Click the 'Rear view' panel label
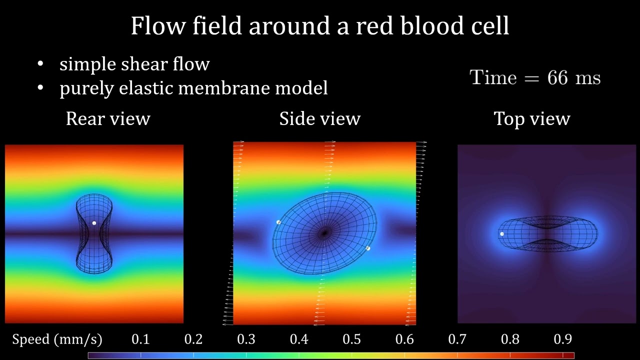[x=108, y=119]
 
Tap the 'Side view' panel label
[x=319, y=119]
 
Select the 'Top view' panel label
[x=531, y=119]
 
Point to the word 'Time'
[x=492, y=78]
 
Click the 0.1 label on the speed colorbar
[x=140, y=339]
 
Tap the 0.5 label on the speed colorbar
[x=351, y=339]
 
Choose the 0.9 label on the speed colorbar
[x=562, y=339]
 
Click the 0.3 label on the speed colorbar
[x=246, y=339]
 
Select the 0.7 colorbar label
[x=457, y=339]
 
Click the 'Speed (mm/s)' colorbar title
[x=57, y=339]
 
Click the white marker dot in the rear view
[x=94, y=223]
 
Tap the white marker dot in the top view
[x=502, y=233]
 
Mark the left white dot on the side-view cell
[x=278, y=222]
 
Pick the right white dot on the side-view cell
[x=368, y=248]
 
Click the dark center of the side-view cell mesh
[x=324, y=232]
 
